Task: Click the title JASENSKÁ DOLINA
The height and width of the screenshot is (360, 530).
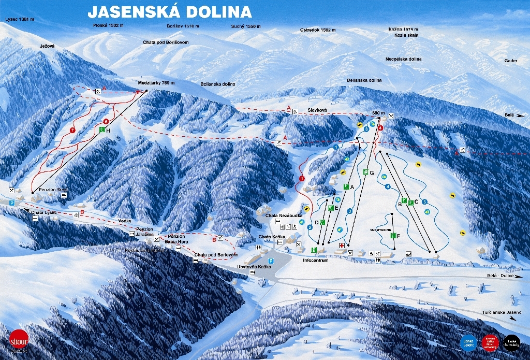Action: pyautogui.click(x=170, y=11)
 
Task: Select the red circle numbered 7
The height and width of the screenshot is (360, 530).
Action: pyautogui.click(x=72, y=129)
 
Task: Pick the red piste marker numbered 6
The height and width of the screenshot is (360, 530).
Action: pyautogui.click(x=106, y=121)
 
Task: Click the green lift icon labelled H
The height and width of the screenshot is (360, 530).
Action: pyautogui.click(x=102, y=130)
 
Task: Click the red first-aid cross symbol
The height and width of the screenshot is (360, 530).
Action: pyautogui.click(x=341, y=245)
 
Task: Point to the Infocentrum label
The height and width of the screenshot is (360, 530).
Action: pyautogui.click(x=315, y=260)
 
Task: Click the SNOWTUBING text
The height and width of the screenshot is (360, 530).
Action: pyautogui.click(x=380, y=229)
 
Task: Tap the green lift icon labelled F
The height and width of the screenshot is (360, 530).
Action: pyautogui.click(x=393, y=236)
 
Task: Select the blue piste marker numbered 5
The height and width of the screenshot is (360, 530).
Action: pyautogui.click(x=424, y=201)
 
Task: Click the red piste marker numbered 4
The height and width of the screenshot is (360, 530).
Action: pyautogui.click(x=380, y=127)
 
